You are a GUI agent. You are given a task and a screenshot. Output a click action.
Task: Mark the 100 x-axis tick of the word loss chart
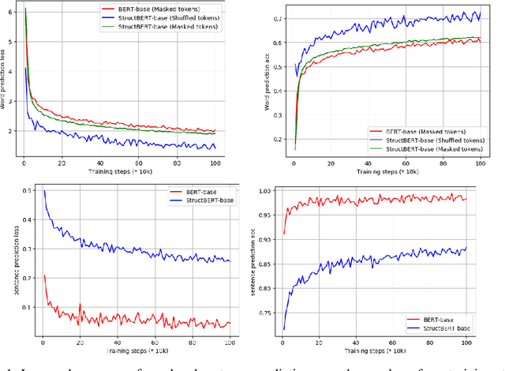click(215, 163)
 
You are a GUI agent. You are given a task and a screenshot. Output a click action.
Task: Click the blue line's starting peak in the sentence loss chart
click(43, 191)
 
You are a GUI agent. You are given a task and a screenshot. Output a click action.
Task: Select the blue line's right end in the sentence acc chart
click(466, 248)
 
